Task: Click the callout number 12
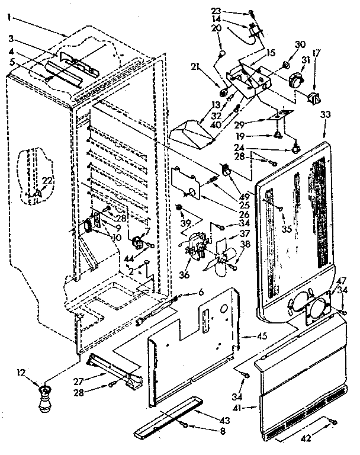click(x=22, y=373)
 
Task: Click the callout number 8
click(x=206, y=431)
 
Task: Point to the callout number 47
click(x=341, y=280)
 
